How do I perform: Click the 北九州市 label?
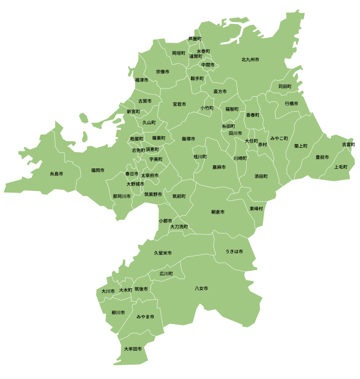tap(250, 60)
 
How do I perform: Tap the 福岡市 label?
tap(98, 170)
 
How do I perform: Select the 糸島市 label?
tap(57, 174)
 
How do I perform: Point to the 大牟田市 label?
tap(133, 349)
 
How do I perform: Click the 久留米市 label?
tap(163, 253)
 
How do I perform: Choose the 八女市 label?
tap(202, 288)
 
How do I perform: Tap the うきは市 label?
tap(234, 251)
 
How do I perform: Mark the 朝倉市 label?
tap(218, 212)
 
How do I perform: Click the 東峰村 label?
tap(256, 209)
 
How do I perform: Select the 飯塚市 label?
tap(188, 139)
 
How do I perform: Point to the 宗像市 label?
tap(163, 72)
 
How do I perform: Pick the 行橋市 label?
tap(292, 104)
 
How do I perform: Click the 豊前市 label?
tap(322, 157)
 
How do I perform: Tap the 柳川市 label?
tap(118, 313)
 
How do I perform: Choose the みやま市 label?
tap(146, 317)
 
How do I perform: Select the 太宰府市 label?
tap(150, 176)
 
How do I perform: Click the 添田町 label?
tap(261, 176)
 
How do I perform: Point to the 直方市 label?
tap(220, 91)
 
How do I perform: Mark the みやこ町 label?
tap(279, 139)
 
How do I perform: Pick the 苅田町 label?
tap(285, 86)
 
